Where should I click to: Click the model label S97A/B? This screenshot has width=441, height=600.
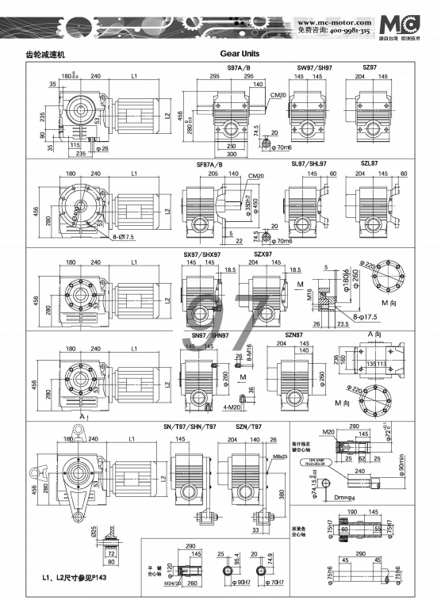[x=239, y=68]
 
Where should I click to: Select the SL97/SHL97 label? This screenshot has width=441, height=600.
[x=309, y=163]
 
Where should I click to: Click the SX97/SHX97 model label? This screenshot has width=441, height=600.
[x=195, y=254]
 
